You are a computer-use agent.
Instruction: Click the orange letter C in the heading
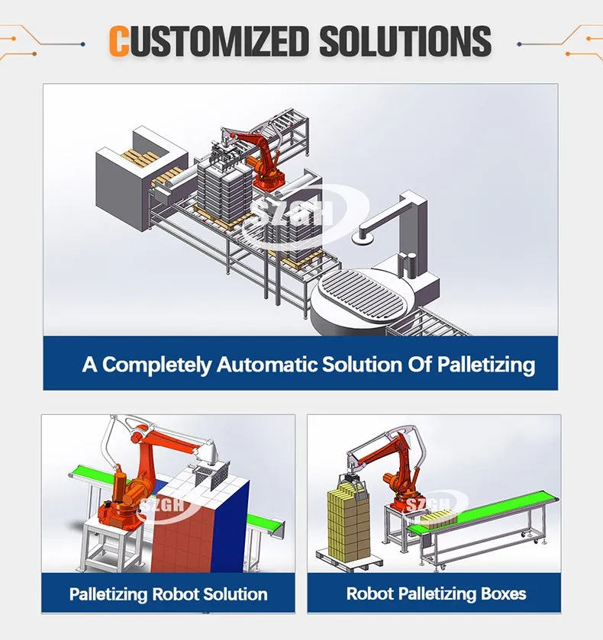[x=119, y=41]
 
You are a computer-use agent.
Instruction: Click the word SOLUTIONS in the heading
[x=405, y=41]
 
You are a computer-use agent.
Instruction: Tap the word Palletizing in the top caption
[x=486, y=365]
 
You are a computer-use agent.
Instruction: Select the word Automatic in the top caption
[x=267, y=364]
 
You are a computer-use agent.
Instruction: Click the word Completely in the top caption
[x=156, y=365]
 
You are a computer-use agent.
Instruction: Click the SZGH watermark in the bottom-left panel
[x=163, y=505]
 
